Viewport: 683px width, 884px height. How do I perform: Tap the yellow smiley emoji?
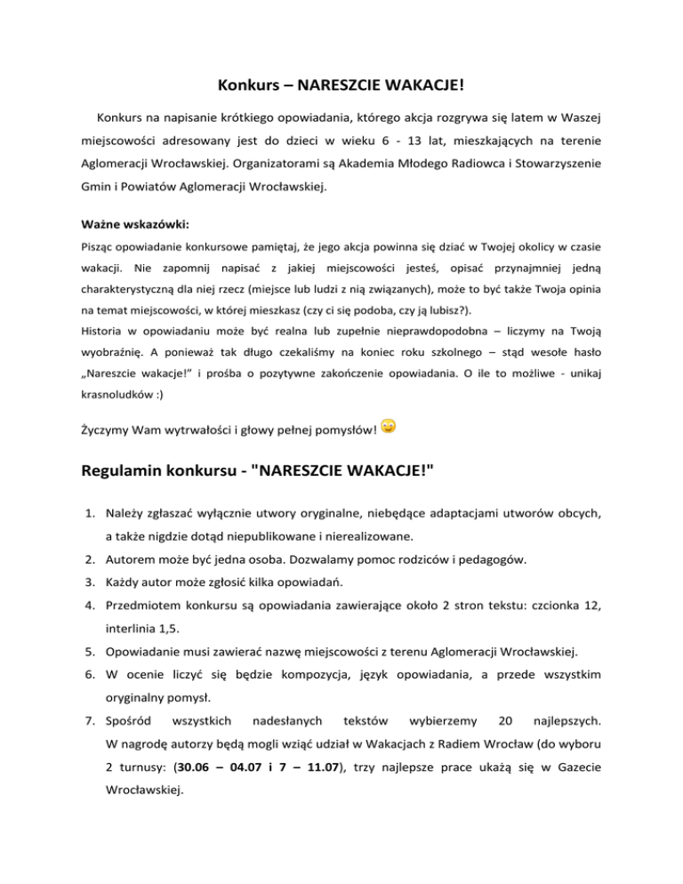click(x=389, y=429)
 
